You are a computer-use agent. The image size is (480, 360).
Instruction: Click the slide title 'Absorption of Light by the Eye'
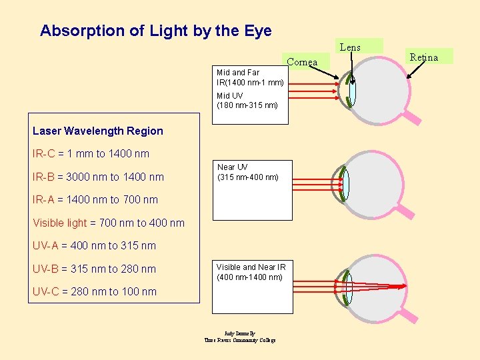(155, 31)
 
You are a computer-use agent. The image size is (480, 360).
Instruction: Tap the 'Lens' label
(350, 47)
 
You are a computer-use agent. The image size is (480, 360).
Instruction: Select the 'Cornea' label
(302, 62)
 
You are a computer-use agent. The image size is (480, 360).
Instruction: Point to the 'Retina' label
(424, 57)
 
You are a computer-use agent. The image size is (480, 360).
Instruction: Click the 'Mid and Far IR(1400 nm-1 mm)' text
(250, 77)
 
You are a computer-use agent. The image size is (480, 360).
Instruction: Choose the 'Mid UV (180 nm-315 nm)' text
(247, 101)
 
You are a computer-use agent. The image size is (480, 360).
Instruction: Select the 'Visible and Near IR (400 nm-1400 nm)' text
(249, 272)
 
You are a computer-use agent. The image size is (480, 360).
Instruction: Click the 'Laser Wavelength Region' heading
(97, 131)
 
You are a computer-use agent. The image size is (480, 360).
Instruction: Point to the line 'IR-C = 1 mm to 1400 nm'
(91, 154)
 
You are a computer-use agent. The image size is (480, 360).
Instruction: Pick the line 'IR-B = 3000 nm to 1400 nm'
(98, 177)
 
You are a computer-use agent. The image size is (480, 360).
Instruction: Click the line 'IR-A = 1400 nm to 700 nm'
(95, 199)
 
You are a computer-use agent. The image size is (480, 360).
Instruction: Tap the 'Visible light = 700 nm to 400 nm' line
(108, 223)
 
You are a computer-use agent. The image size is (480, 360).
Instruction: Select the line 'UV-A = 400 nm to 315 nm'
(94, 245)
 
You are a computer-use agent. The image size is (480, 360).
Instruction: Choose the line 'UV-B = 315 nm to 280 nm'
(94, 269)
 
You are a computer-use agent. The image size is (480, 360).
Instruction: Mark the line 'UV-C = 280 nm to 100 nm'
(94, 291)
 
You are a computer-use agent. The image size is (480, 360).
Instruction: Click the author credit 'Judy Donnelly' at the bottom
(240, 333)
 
